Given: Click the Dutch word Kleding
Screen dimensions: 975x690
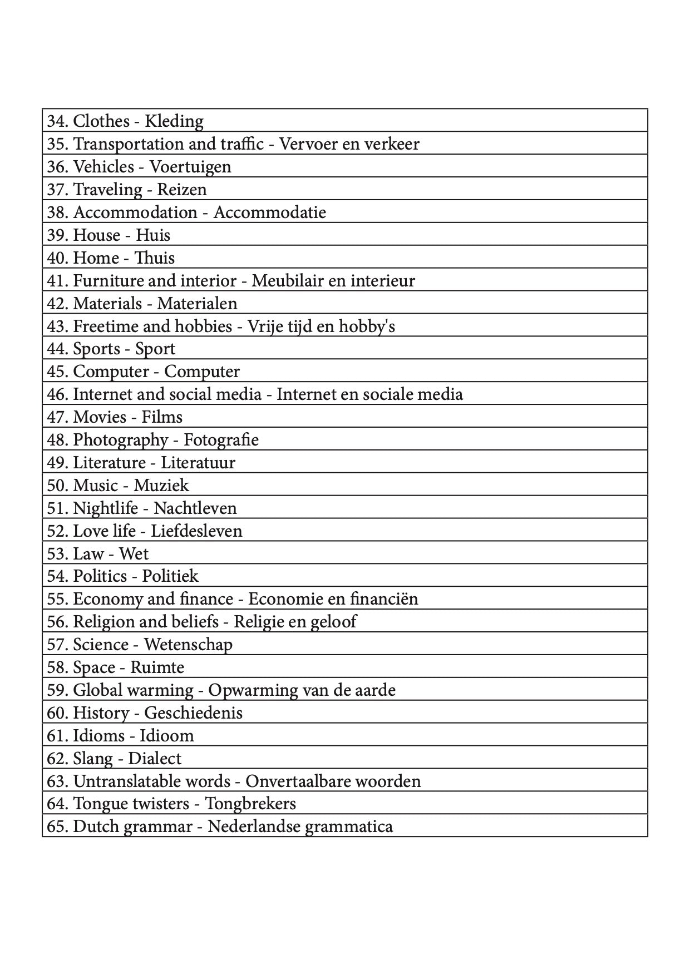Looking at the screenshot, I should [x=174, y=121].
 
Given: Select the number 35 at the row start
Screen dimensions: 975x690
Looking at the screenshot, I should [x=56, y=144].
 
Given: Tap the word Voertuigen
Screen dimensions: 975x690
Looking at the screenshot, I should [x=190, y=167].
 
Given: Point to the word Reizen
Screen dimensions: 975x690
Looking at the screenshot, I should [x=182, y=190].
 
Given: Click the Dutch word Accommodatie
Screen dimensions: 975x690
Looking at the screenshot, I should [x=270, y=212].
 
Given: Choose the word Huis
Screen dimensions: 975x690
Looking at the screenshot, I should [x=153, y=235].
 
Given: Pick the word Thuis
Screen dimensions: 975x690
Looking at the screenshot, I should [x=155, y=258].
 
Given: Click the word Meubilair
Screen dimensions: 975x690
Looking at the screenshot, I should [x=287, y=281].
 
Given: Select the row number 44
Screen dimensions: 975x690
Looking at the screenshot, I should [x=56, y=349].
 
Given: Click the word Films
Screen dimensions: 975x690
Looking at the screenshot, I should [x=162, y=417].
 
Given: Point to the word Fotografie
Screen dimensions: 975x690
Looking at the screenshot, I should [x=221, y=440].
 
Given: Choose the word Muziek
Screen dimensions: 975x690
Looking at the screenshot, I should [x=161, y=486].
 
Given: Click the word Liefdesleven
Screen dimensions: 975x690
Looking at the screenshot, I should [x=196, y=531].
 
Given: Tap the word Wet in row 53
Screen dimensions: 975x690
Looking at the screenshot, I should [x=134, y=554].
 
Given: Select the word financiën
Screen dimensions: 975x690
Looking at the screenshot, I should [x=384, y=599].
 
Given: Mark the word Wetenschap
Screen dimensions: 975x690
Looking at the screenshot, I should [x=188, y=645].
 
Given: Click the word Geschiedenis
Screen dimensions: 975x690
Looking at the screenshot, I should [x=194, y=713].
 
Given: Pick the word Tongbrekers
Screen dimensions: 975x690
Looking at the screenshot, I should [x=250, y=804].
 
